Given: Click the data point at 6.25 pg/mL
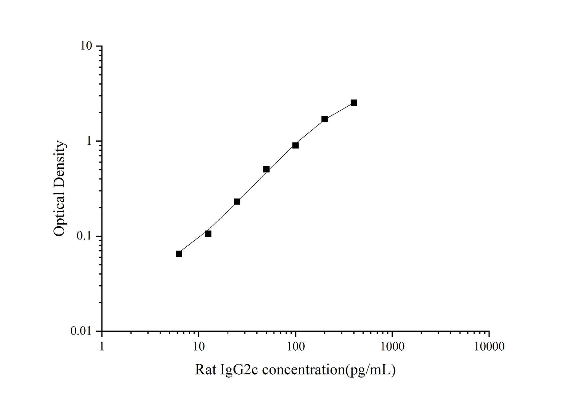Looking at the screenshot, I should (179, 254).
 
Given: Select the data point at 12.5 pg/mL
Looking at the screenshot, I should (208, 234).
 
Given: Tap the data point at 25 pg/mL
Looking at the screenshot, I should (237, 201).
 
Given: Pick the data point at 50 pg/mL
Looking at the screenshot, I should (266, 169).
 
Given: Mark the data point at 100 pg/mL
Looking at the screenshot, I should (295, 145).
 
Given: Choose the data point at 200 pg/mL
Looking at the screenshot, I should (324, 119).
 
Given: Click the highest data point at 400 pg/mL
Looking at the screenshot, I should (353, 103).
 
